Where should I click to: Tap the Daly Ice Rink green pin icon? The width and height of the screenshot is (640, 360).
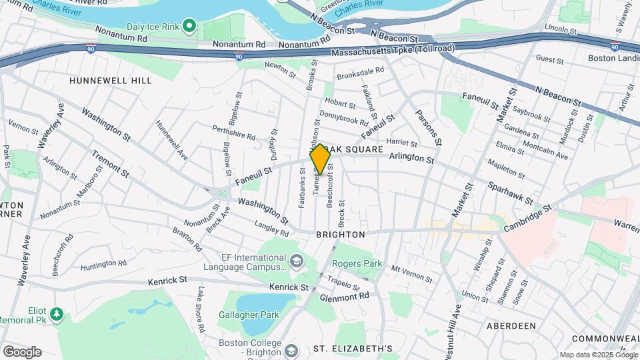point(189,27)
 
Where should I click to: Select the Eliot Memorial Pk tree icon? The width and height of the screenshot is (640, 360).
point(57,313)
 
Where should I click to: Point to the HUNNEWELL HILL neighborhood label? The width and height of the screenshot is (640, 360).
point(111,81)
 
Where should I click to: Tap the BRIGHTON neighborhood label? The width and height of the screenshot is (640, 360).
point(340,235)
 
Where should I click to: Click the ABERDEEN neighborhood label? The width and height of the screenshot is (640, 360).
point(511,325)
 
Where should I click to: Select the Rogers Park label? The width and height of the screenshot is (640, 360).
point(357,263)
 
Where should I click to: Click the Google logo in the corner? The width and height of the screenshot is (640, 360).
point(22,351)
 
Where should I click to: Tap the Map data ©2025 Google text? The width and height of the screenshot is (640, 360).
point(597,355)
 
